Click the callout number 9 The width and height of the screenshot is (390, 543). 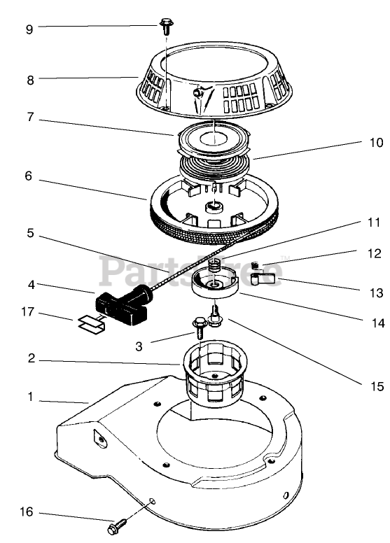pos(29,29)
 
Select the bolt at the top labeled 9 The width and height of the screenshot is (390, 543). pos(166,27)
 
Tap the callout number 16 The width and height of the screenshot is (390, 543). pos(27,512)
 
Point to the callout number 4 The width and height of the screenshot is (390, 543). pos(32,285)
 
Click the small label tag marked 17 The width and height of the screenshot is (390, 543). pos(91,324)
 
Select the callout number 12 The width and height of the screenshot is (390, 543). pos(374,253)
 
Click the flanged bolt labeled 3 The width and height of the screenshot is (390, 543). pos(200,327)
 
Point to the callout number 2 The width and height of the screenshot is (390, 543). pos(32,358)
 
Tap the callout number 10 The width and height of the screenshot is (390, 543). pos(376,142)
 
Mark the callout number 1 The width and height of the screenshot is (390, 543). pos(31,397)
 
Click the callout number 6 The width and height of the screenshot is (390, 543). pos(29,176)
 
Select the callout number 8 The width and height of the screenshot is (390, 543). pos(31,80)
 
